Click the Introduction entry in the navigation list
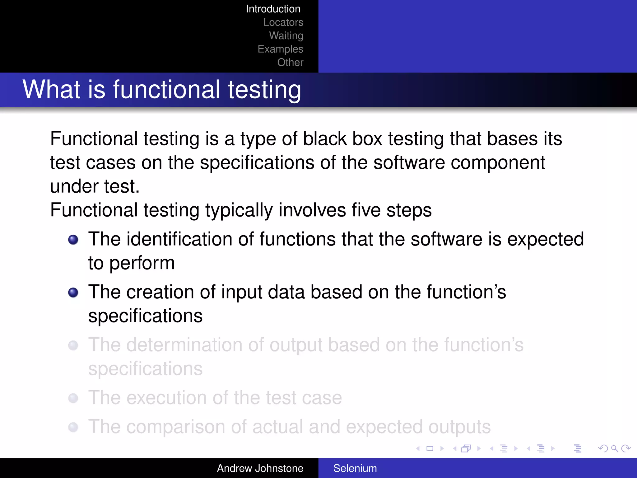pos(273,9)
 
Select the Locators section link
pos(283,22)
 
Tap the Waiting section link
pos(286,36)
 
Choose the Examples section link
pos(280,49)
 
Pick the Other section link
pos(290,63)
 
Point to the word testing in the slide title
pos(264,90)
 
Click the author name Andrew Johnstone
pos(260,468)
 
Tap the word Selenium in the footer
pos(355,468)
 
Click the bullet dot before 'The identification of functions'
pos(73,240)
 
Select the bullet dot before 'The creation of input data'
pos(73,293)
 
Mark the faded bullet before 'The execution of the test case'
pos(73,398)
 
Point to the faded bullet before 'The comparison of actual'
pos(73,427)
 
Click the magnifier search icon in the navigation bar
pos(614,448)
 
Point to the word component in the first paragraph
pos(498,162)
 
